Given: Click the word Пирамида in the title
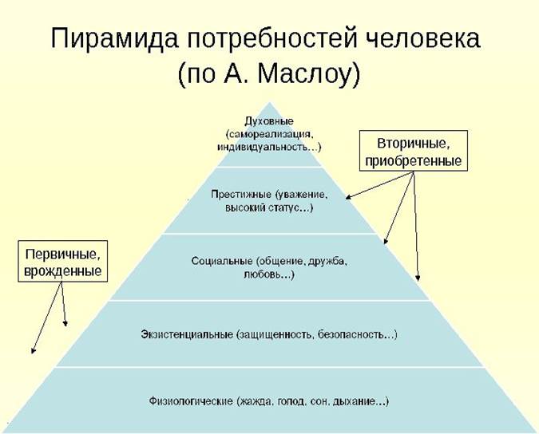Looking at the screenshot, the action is coord(114,38).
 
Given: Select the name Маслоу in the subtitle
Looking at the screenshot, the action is coord(304,73).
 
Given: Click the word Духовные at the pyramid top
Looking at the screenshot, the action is coord(269,122).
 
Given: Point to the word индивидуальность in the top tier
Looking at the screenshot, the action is coord(262,148).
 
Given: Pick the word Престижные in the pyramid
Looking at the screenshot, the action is coord(241,195).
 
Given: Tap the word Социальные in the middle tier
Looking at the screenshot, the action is coord(222,262).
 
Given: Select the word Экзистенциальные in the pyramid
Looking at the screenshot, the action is coord(187,334).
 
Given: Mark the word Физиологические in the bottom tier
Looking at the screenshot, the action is coord(191,401).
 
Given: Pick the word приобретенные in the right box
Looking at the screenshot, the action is coord(414,160).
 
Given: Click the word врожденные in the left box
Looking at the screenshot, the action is coord(63,271).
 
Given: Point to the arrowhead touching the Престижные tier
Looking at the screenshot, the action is coord(348,197).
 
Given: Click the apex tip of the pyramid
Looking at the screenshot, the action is coord(270,102).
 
